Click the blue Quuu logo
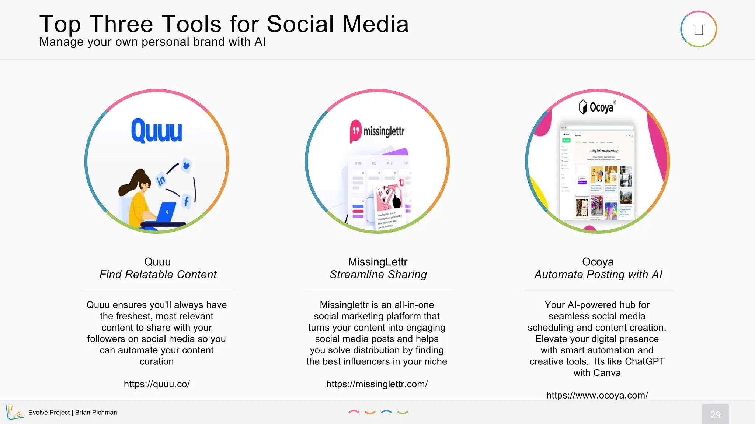tap(157, 131)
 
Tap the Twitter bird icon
tap(186, 165)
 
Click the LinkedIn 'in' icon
tap(161, 180)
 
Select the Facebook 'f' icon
tap(186, 201)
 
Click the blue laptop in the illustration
tap(166, 212)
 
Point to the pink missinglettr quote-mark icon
tap(355, 131)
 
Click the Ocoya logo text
tap(601, 107)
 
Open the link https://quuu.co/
tap(157, 384)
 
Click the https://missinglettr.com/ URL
tap(377, 384)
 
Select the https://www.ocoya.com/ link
tap(597, 395)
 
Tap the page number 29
tap(715, 415)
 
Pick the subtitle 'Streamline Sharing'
tap(378, 275)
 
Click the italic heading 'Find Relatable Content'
tap(158, 275)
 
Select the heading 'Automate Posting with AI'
tap(598, 275)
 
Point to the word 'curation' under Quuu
tap(157, 361)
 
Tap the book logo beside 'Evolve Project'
tap(14, 412)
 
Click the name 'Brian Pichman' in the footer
tap(96, 413)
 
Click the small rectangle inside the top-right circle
tap(699, 29)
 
